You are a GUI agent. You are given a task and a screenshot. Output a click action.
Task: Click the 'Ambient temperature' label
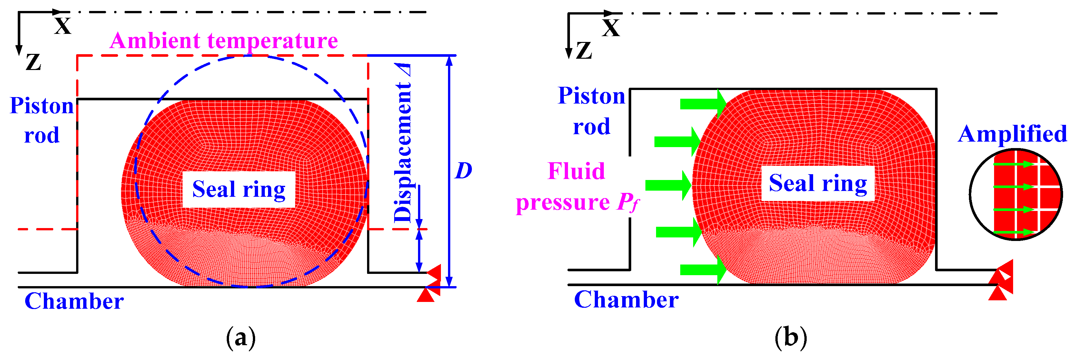tap(224, 41)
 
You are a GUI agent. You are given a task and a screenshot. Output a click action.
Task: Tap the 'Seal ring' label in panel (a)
tap(238, 189)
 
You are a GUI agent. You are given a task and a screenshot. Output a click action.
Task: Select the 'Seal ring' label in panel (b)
tap(817, 183)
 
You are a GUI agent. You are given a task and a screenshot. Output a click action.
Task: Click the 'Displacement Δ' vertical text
tap(402, 144)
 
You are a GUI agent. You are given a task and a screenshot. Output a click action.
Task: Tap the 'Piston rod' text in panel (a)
tap(42, 120)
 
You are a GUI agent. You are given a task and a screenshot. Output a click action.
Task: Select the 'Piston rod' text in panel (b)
tap(592, 111)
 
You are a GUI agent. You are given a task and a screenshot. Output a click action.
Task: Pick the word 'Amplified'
tap(1012, 134)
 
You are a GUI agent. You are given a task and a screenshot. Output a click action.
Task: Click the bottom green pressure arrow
tap(703, 269)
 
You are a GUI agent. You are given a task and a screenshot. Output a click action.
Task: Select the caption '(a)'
tap(241, 337)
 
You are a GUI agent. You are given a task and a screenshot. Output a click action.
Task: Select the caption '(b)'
tap(790, 337)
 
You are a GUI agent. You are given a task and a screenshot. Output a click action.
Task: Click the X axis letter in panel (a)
tap(63, 26)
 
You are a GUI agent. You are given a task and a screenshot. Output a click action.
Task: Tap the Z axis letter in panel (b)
tap(583, 51)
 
